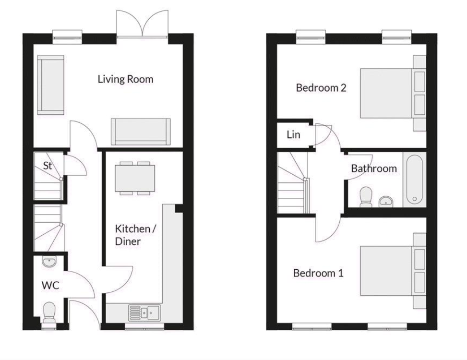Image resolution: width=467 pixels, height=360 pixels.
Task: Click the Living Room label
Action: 125,79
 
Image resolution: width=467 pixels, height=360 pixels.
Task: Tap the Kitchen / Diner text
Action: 135,235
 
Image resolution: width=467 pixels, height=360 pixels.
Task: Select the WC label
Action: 50,285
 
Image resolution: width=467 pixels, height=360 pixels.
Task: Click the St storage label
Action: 48,166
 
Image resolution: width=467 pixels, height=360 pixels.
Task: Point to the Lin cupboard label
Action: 293,134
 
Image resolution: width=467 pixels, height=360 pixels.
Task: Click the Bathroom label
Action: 374,168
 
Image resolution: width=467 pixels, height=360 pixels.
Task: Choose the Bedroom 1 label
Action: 318,273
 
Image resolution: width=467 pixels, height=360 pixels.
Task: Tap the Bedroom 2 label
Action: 321,88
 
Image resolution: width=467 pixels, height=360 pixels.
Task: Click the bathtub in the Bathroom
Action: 414,180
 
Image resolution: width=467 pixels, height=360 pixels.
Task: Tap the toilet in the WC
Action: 49,312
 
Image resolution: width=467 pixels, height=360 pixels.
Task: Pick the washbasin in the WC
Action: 48,261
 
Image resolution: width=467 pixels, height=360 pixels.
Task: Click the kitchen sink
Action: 145,312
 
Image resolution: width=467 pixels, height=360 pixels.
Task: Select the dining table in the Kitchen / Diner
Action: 135,179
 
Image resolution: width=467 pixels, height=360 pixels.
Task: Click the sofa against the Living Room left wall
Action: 50,85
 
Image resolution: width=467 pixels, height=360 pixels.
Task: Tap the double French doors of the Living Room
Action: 142,24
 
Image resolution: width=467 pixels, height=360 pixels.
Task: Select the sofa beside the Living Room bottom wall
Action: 141,132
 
